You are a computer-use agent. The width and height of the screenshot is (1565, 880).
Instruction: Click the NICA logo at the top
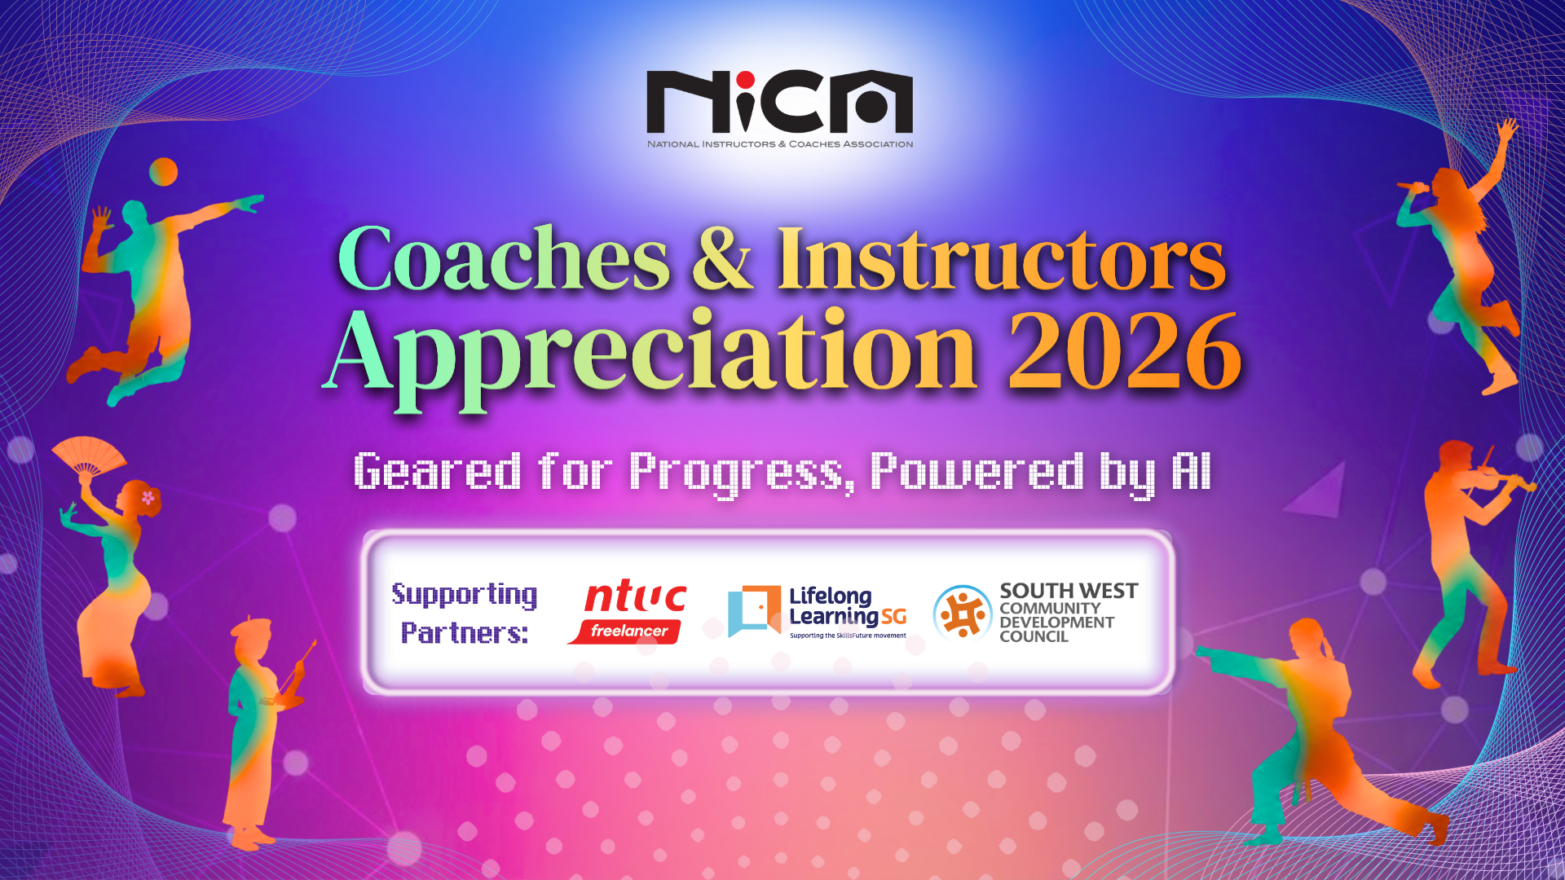coord(780,109)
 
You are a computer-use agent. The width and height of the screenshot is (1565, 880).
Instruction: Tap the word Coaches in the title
coord(504,258)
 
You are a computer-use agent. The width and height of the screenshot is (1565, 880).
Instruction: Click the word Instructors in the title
coord(1002,258)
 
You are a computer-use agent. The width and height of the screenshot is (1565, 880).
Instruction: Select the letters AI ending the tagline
coord(1191,471)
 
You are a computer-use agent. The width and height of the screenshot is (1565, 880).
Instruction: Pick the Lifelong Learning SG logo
coord(818,612)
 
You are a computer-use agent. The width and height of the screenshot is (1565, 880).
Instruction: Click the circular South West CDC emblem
coord(962,613)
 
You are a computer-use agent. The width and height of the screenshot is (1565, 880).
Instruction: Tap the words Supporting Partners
coord(465,613)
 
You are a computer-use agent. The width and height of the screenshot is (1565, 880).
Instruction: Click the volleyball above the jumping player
coord(163,172)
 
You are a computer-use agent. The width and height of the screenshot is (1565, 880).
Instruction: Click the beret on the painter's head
coord(251,628)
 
